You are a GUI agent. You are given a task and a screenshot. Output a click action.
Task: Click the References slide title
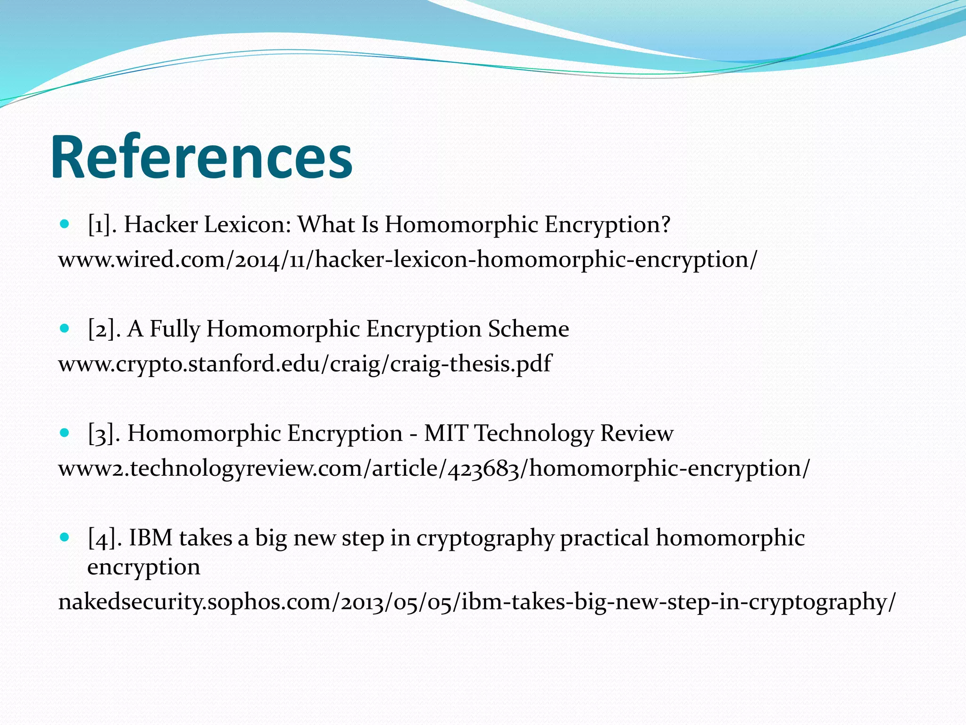tap(202, 158)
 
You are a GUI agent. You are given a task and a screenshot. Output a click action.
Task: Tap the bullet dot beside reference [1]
tap(65, 223)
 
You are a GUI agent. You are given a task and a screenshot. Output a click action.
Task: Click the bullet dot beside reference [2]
tap(65, 328)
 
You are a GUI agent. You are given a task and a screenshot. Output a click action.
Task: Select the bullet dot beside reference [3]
tap(65, 432)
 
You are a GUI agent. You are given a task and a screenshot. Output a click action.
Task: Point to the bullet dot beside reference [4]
tap(65, 537)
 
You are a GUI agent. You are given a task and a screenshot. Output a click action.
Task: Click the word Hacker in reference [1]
tap(161, 224)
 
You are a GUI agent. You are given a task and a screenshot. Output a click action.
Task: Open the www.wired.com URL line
tap(408, 260)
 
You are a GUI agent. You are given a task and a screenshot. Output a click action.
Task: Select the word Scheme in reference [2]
tap(528, 329)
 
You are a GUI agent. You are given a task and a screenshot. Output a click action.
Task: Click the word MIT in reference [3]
tap(446, 433)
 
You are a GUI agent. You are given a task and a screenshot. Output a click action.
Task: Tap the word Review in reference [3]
tap(636, 433)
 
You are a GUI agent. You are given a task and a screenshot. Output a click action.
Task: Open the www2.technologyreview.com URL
tap(434, 469)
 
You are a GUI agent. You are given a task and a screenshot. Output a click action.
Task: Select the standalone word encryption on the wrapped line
tap(144, 567)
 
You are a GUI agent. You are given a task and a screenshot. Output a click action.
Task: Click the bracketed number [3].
tap(101, 433)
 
